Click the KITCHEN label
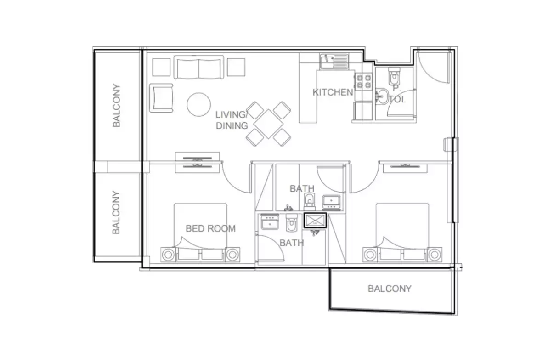coord(333,92)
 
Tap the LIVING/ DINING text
coord(232,120)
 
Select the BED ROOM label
coord(210,228)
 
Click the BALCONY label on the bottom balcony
coord(390,289)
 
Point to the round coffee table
coord(198,104)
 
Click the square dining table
coord(268,124)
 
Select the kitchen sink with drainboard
coord(334,62)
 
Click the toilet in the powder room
coord(394,76)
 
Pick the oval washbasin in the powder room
coord(382,96)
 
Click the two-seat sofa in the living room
coord(199,67)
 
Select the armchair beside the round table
coord(161,98)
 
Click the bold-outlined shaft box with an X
coord(315,220)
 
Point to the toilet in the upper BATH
coord(310,202)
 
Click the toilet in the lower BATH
coord(292,223)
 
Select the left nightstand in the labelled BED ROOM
coord(168,255)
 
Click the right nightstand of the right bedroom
coord(435,255)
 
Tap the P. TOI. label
coord(397,94)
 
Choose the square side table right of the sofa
coord(236,67)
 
